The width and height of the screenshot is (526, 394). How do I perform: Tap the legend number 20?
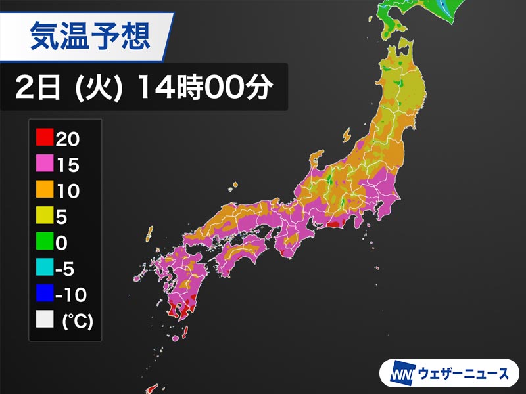click(x=68, y=139)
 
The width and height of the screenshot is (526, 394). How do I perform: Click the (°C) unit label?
click(x=77, y=322)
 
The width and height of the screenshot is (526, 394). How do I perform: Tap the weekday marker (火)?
click(x=97, y=87)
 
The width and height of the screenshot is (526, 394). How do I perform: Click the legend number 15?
click(x=68, y=165)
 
